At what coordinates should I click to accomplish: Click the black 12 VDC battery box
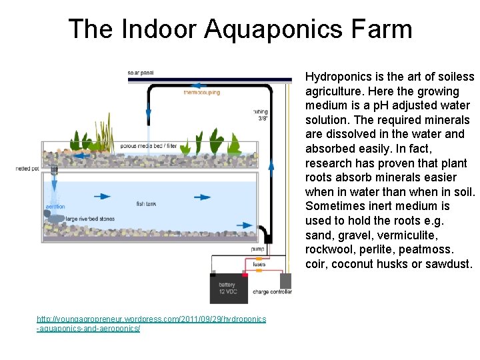click(x=227, y=288)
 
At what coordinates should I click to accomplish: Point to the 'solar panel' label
click(x=141, y=72)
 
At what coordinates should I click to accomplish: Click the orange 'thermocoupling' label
click(x=201, y=93)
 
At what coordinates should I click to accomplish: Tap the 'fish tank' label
click(x=146, y=203)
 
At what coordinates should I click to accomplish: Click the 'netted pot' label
click(x=27, y=169)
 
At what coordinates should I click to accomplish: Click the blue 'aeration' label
click(x=55, y=207)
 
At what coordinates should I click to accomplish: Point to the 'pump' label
click(x=257, y=249)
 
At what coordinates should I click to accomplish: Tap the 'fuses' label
click(x=259, y=265)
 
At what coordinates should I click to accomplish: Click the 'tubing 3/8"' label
click(x=261, y=115)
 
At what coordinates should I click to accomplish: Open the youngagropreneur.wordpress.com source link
click(x=151, y=324)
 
